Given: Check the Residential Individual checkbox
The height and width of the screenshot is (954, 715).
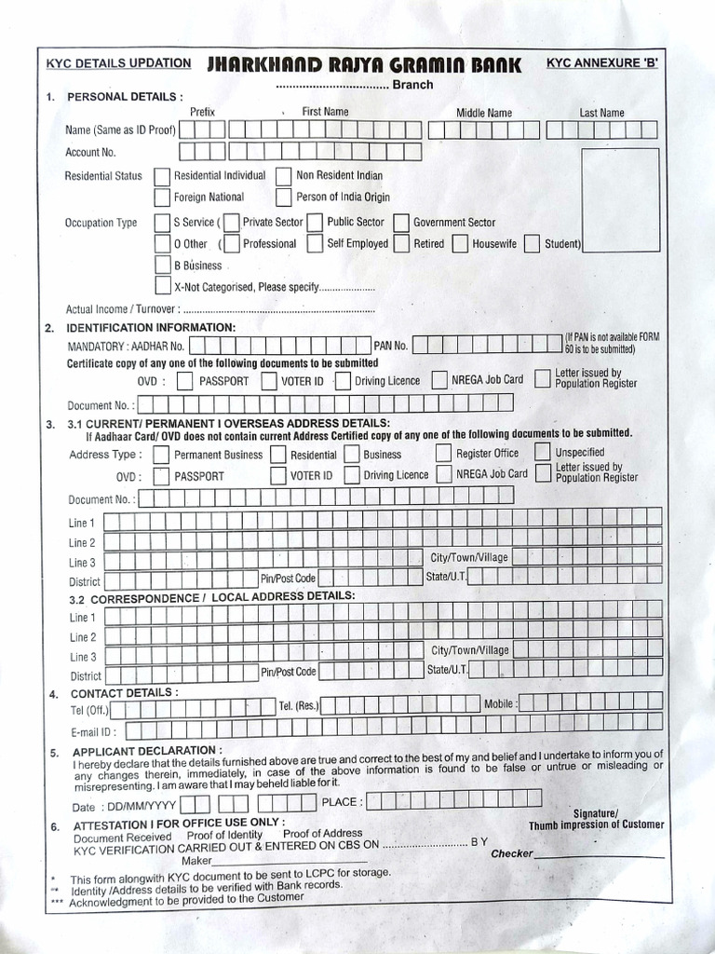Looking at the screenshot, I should (162, 176).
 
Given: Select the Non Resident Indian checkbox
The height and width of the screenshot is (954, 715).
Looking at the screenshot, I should (284, 176).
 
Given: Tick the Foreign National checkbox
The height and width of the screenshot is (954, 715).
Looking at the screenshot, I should (162, 198).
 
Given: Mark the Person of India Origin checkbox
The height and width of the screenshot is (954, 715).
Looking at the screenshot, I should (284, 198).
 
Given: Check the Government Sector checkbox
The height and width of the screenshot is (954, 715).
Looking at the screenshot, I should (400, 223).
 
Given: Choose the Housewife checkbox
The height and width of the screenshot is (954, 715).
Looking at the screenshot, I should (460, 244).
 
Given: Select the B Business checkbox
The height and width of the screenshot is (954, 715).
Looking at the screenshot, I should (162, 266).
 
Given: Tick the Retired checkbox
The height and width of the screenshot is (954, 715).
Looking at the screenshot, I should (400, 244).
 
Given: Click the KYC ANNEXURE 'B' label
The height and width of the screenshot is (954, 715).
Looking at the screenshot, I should (601, 62).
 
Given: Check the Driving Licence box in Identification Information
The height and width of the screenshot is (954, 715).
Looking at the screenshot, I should (342, 381).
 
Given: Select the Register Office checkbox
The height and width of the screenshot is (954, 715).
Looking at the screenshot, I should (443, 454).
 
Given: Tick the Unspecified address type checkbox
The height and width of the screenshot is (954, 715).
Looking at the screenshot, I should (542, 452).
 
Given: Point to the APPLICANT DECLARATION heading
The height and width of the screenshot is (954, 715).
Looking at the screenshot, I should (147, 751).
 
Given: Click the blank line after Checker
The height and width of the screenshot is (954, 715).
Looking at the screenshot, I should (600, 855).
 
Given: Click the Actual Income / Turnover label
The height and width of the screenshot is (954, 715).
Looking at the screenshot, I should (122, 309).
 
